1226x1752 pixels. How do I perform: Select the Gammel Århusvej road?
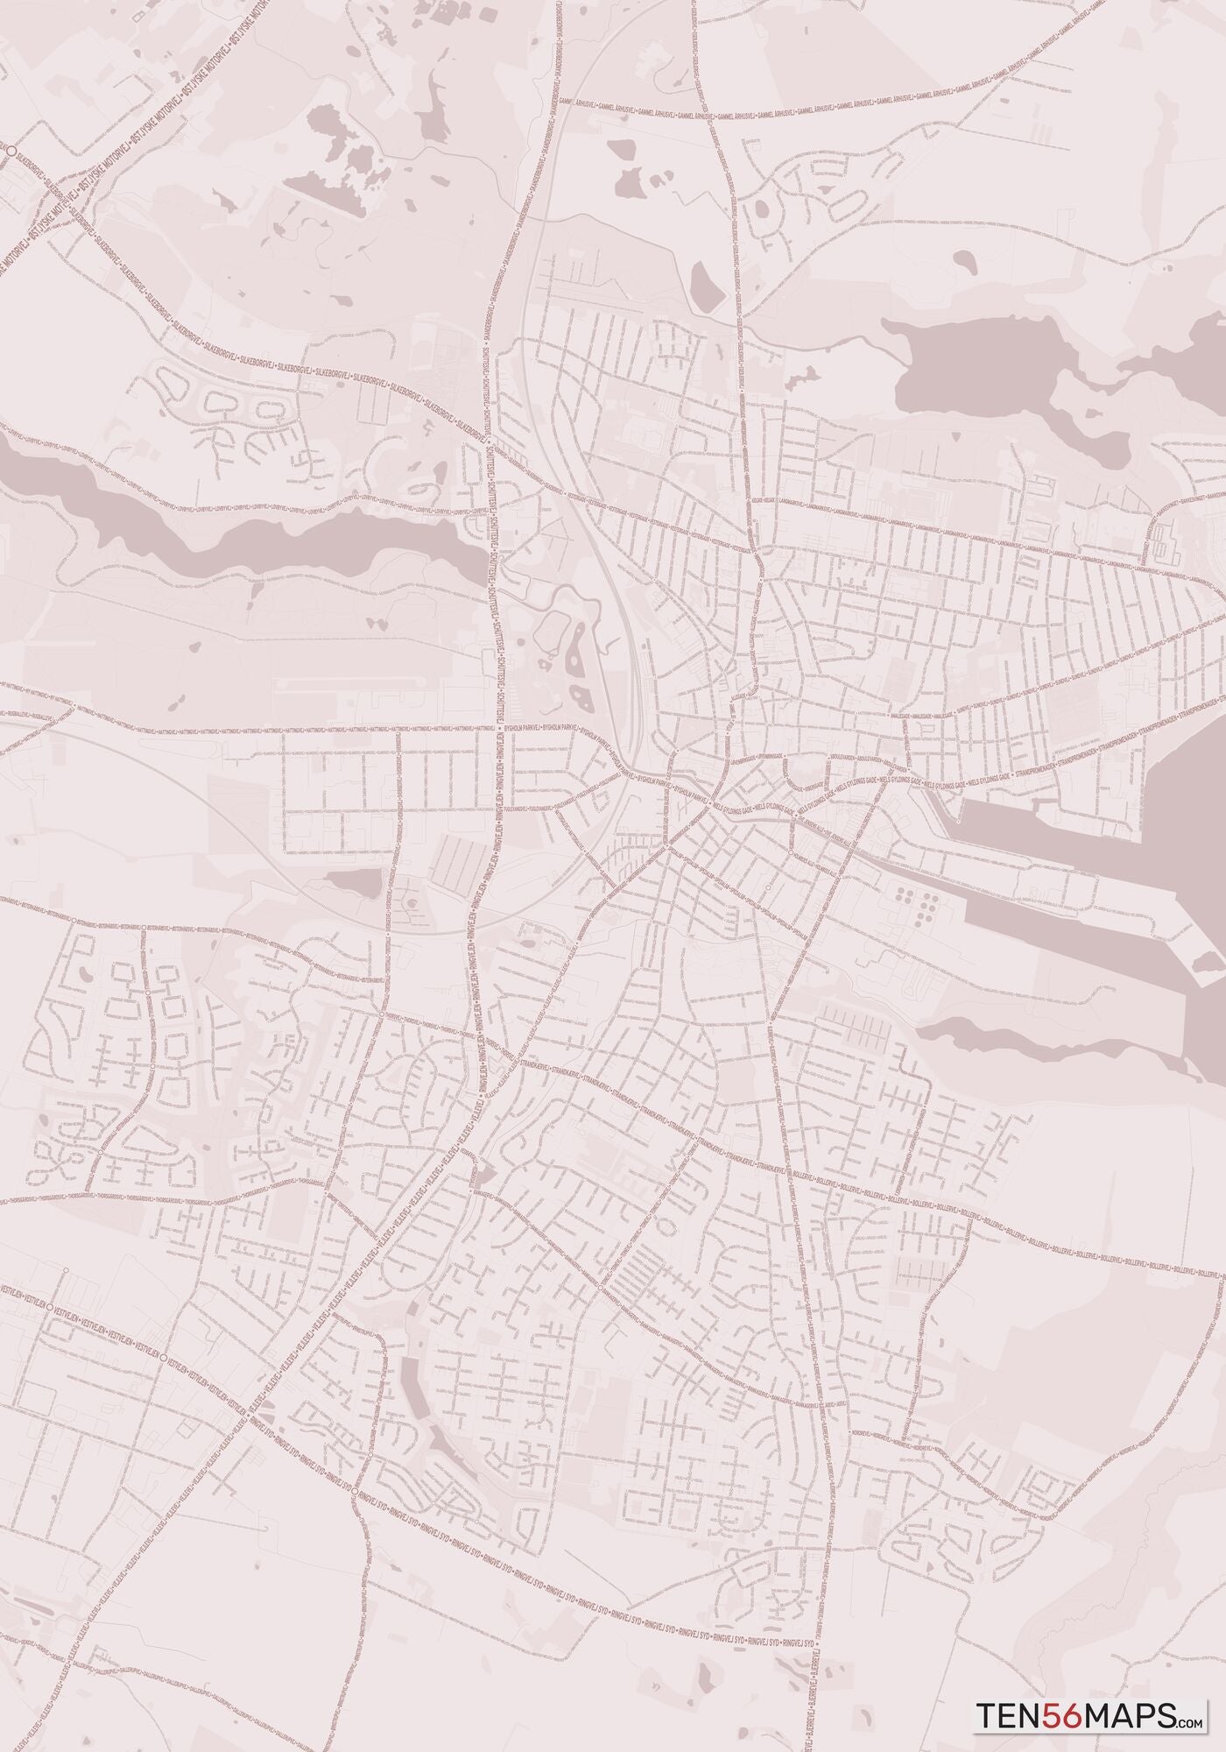[x=788, y=111]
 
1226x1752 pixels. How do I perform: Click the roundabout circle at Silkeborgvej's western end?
[x=10, y=151]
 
